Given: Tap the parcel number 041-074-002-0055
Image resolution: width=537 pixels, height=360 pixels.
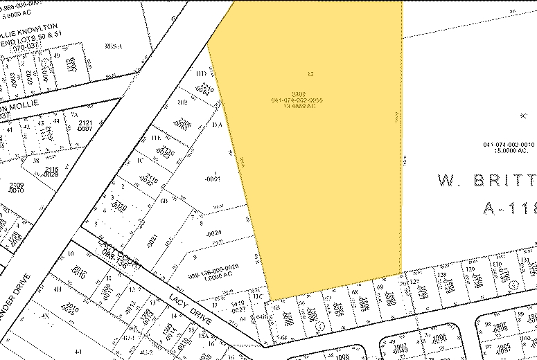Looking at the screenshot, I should click(x=297, y=100).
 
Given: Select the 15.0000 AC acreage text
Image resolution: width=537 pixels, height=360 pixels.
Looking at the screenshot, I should click(x=508, y=150).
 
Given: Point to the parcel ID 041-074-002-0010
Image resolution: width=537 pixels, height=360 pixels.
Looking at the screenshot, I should click(x=509, y=144).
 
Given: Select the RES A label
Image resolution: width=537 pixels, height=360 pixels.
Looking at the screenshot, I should click(x=113, y=46).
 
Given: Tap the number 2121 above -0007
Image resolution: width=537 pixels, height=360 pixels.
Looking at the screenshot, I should click(x=85, y=123).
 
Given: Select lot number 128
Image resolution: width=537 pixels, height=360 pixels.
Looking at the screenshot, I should click(x=441, y=275).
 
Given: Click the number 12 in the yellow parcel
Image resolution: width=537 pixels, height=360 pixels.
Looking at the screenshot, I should click(x=310, y=73).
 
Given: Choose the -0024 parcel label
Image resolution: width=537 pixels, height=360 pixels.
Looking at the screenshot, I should click(x=213, y=233).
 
